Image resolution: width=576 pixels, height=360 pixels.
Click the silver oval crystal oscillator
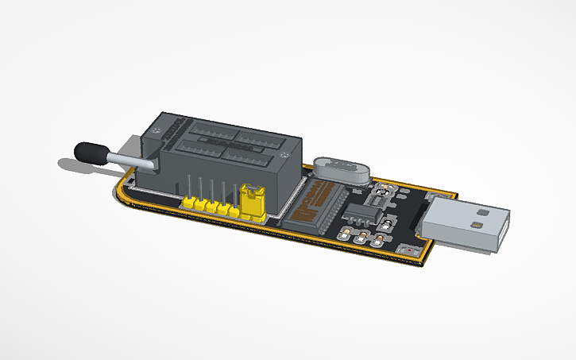pyautogui.click(x=339, y=170)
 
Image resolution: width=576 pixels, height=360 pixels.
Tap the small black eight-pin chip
pyautogui.click(x=358, y=212)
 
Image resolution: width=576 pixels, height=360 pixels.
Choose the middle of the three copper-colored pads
pyautogui.click(x=364, y=238)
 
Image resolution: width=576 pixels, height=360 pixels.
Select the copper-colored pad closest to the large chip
pyautogui.click(x=346, y=234)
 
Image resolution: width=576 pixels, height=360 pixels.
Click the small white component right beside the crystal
pyautogui.click(x=383, y=192)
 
